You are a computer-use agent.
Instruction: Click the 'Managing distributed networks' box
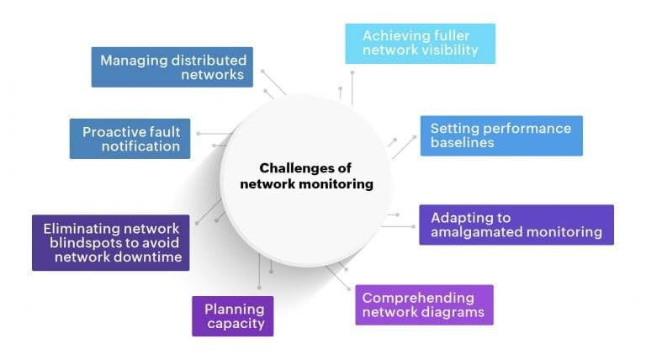pyautogui.click(x=172, y=67)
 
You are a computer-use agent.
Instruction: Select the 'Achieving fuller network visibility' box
pyautogui.click(x=420, y=43)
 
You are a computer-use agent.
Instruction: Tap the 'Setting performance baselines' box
pyautogui.click(x=501, y=135)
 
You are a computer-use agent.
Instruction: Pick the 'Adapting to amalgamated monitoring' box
pyautogui.click(x=516, y=225)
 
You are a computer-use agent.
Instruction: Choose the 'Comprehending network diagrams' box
pyautogui.click(x=423, y=304)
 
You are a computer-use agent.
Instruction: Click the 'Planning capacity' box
pyautogui.click(x=233, y=315)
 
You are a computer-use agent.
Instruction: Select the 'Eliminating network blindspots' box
pyautogui.click(x=110, y=243)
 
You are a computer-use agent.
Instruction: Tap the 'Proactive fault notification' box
pyautogui.click(x=130, y=139)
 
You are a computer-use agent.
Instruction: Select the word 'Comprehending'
pyautogui.click(x=418, y=297)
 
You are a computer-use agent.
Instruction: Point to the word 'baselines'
pyautogui.click(x=463, y=143)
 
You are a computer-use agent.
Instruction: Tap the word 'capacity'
pyautogui.click(x=235, y=323)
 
